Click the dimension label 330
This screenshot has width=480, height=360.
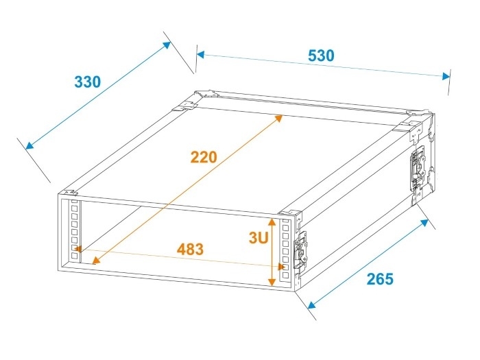pos(87,82)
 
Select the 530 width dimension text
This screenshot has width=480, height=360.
pos(321,56)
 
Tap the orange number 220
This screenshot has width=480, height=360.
pos(204,157)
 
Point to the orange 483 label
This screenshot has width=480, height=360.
pos(190,250)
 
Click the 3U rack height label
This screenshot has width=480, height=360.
pos(258,238)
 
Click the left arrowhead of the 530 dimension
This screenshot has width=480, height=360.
pos(200,53)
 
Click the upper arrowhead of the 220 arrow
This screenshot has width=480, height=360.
pos(279,118)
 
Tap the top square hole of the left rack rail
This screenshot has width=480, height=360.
pos(73,206)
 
